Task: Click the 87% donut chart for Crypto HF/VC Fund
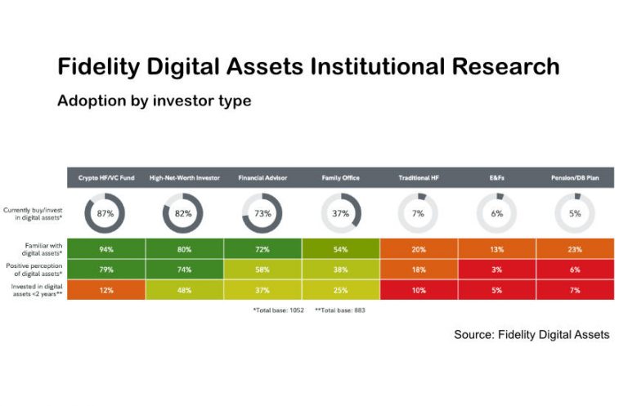click(x=105, y=214)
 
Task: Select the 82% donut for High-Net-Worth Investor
click(x=184, y=214)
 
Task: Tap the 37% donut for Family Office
click(x=341, y=214)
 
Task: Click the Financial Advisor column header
click(x=262, y=177)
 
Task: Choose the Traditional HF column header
click(x=419, y=177)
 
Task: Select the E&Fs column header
click(x=497, y=177)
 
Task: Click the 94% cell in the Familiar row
click(x=105, y=249)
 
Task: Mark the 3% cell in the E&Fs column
click(x=497, y=270)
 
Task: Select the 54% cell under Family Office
click(x=341, y=249)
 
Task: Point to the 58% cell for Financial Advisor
click(x=262, y=270)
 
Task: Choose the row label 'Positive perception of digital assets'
click(x=33, y=270)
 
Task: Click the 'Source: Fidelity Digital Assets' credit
click(x=532, y=335)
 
